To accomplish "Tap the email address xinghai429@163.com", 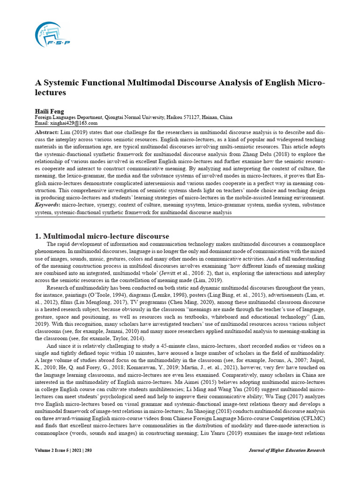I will point(75,123).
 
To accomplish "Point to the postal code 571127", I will point(193,117).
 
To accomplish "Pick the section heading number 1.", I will point(39,236).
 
